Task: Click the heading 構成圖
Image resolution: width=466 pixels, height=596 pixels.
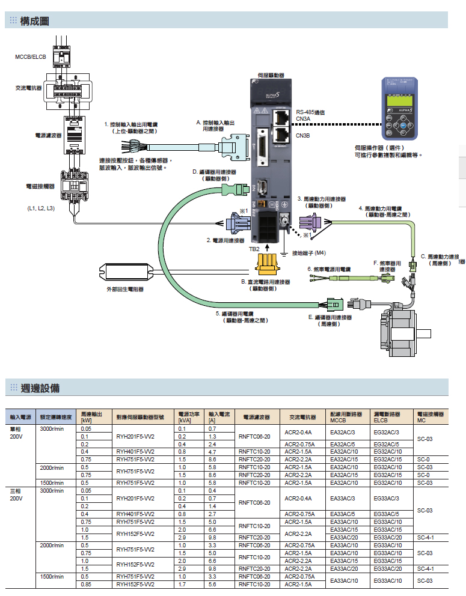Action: (x=34, y=21)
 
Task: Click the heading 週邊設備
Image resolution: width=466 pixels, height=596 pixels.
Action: (x=40, y=388)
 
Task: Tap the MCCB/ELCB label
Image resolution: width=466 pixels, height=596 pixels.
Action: (x=31, y=57)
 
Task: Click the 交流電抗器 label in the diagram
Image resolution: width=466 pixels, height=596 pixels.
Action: (x=28, y=88)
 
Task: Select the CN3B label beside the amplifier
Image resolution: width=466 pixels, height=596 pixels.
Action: (x=302, y=136)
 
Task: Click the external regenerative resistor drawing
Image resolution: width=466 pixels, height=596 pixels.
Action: (x=126, y=272)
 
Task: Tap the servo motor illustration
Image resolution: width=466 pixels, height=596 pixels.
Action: (x=399, y=334)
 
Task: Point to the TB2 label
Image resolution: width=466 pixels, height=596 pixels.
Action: (x=254, y=248)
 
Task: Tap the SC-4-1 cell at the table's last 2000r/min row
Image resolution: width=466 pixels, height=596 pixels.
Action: (x=425, y=568)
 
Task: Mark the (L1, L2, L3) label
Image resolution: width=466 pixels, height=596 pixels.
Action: (x=41, y=208)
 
